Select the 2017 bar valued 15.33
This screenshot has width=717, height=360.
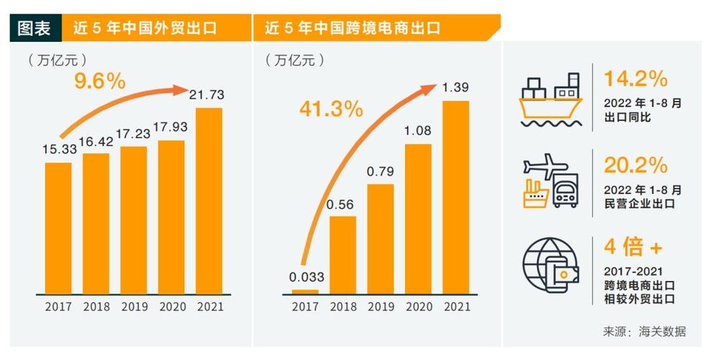(58, 228)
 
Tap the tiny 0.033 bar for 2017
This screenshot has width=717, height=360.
(305, 292)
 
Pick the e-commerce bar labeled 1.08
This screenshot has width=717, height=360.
(418, 219)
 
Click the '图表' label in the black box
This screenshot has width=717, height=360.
(34, 29)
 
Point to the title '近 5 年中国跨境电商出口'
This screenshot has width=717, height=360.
(352, 29)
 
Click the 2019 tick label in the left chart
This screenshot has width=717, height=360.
(133, 307)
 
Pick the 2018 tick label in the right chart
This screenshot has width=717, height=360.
(343, 307)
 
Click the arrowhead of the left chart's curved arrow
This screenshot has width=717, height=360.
(183, 89)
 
